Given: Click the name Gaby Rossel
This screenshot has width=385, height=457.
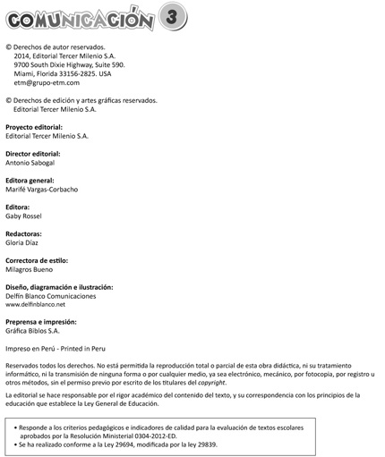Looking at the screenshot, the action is [27, 216].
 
